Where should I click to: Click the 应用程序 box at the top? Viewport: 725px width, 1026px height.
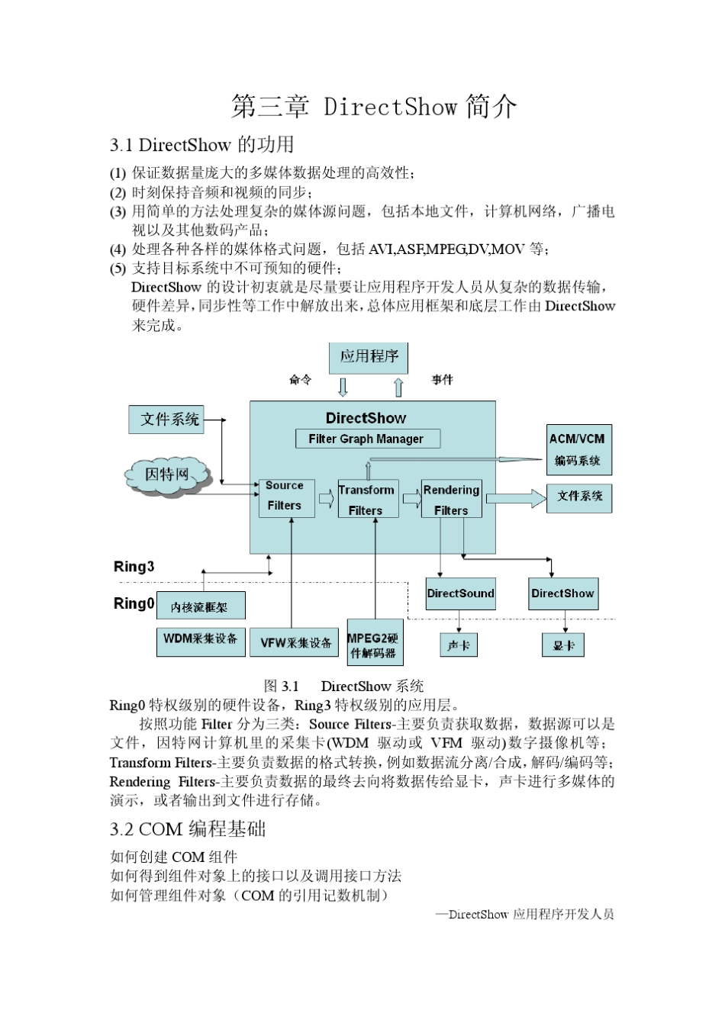tap(369, 357)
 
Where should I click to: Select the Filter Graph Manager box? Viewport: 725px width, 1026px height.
tap(367, 439)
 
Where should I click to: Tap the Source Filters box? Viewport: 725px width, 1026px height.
tap(285, 496)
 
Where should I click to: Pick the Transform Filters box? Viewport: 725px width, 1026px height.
tap(367, 500)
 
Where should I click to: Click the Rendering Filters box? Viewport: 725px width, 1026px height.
tap(451, 500)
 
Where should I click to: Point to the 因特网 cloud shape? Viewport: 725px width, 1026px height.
tap(167, 474)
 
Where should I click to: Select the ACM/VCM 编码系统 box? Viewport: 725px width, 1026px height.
tap(578, 449)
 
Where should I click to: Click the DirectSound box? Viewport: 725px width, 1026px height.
tap(460, 593)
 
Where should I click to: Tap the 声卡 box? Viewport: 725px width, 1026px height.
tap(459, 645)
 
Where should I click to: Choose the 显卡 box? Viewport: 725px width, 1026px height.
tap(564, 645)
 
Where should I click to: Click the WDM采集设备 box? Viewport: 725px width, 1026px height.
tap(200, 639)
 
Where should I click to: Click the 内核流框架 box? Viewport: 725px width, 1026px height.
tap(200, 606)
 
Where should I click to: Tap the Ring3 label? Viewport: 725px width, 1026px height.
tap(134, 566)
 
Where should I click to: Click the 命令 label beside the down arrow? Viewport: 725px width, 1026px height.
tap(300, 379)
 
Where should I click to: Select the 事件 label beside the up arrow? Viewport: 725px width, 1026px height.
tap(443, 379)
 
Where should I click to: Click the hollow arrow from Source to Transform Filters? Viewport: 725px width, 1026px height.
tap(326, 500)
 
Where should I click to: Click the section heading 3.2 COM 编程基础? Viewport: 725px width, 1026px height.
tap(188, 829)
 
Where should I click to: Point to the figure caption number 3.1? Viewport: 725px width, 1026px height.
tap(289, 686)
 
